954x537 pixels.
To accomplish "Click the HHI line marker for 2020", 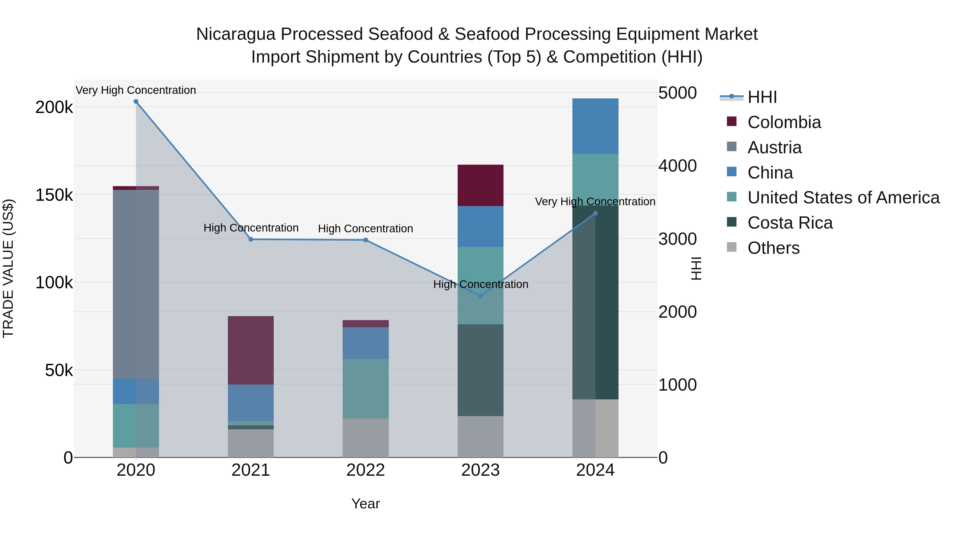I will [x=136, y=102].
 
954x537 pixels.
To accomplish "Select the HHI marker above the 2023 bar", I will [x=480, y=296].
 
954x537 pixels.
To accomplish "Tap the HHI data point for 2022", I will [x=365, y=240].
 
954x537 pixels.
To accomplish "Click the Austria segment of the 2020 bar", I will [x=136, y=283].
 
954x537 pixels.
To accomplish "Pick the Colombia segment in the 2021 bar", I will [x=251, y=350].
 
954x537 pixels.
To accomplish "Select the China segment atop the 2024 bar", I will [x=595, y=126].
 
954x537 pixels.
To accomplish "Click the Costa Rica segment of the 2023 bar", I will [x=480, y=370].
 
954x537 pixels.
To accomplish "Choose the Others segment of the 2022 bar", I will [x=365, y=438].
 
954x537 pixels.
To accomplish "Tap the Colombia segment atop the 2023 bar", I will [x=480, y=185].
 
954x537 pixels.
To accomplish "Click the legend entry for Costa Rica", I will [x=790, y=223].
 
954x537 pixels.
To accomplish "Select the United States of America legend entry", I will [x=843, y=198].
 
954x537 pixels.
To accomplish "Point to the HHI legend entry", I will [x=762, y=97].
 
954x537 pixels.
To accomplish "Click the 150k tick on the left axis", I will [x=54, y=195].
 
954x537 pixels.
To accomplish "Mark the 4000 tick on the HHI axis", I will [x=677, y=166].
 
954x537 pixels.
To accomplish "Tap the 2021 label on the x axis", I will [x=251, y=470].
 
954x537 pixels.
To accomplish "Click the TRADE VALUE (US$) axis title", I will [x=8, y=268].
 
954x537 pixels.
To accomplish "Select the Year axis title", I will [x=365, y=504].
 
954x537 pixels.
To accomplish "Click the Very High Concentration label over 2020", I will [x=136, y=90].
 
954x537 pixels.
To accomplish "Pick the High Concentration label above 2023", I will [x=480, y=284].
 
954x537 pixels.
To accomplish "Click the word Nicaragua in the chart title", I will [x=236, y=34].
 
